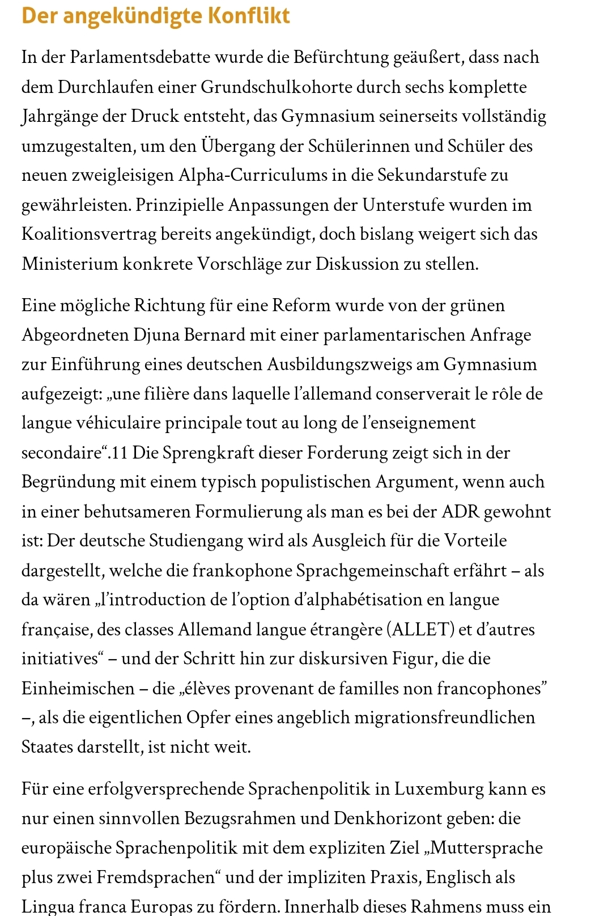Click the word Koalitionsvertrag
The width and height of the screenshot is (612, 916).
pyautogui.click(x=89, y=234)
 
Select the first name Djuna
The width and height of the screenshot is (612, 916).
pyautogui.click(x=155, y=335)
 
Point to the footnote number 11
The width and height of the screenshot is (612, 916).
pyautogui.click(x=120, y=453)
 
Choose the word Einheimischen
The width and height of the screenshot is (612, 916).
pyautogui.click(x=77, y=689)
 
